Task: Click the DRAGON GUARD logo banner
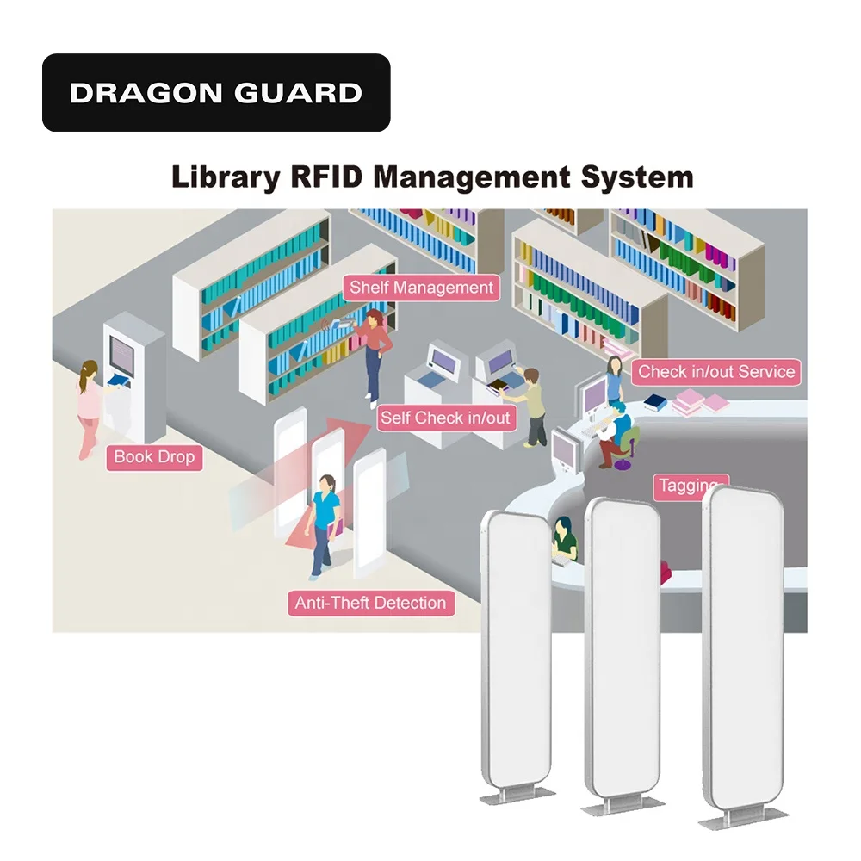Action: point(216,92)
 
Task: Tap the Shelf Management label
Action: point(422,288)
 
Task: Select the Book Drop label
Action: point(154,456)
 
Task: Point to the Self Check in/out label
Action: point(445,418)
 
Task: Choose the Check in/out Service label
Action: point(715,372)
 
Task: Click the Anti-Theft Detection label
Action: point(370,603)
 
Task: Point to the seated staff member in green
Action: point(564,541)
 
